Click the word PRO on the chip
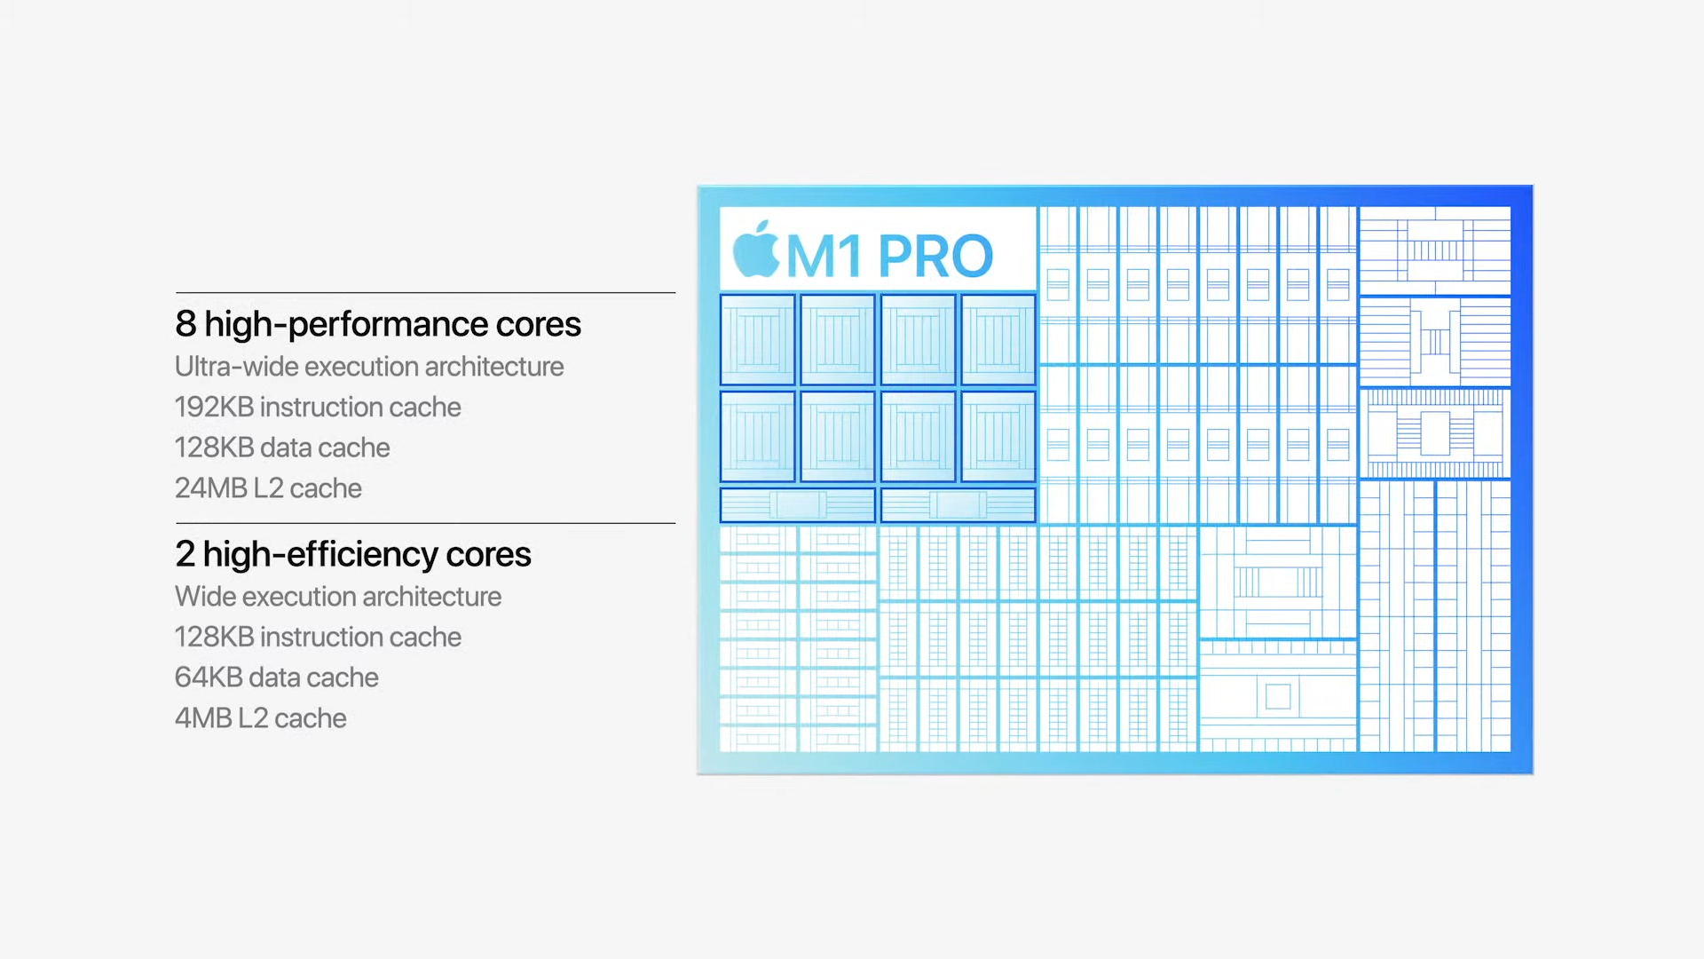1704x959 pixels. point(935,256)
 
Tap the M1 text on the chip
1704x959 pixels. point(824,256)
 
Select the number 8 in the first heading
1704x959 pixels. point(185,324)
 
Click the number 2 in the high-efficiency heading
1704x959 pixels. point(185,554)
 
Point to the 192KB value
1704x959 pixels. point(214,407)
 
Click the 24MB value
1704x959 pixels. point(210,487)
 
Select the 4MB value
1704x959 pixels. point(203,717)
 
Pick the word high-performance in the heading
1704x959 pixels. point(346,325)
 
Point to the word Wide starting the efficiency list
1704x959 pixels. point(205,596)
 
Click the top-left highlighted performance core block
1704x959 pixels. point(757,340)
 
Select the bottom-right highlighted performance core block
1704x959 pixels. point(998,437)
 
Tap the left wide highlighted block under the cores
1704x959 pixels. point(797,504)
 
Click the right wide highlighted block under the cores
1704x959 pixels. point(958,504)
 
